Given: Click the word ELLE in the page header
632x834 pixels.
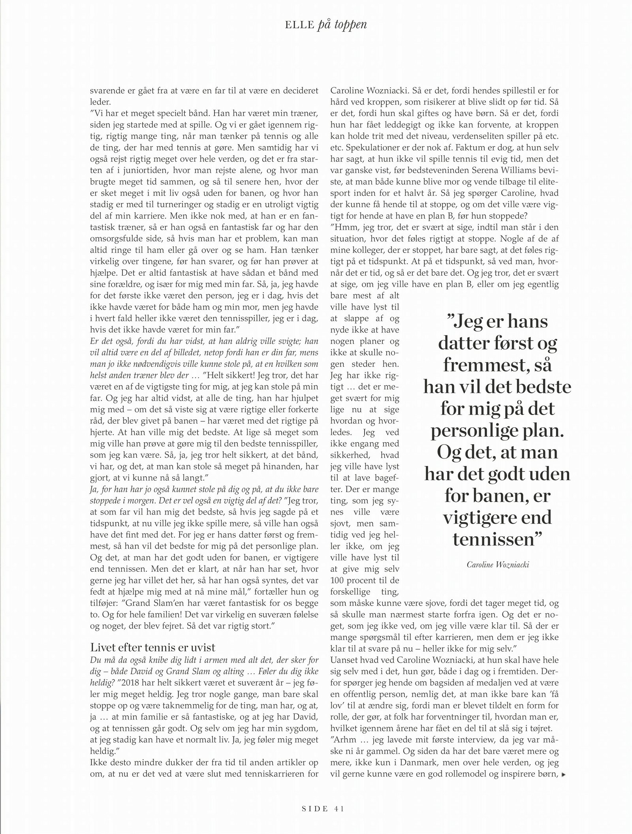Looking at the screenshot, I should [x=299, y=24].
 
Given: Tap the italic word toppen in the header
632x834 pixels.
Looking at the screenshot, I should [x=348, y=25].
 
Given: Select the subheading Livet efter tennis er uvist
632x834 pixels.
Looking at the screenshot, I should [x=153, y=647].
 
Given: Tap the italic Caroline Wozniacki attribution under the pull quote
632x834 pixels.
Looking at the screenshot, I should [x=498, y=565].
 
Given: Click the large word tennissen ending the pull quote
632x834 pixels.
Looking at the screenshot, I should [x=493, y=539].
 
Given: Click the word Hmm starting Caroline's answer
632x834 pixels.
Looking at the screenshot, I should [x=347, y=227].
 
